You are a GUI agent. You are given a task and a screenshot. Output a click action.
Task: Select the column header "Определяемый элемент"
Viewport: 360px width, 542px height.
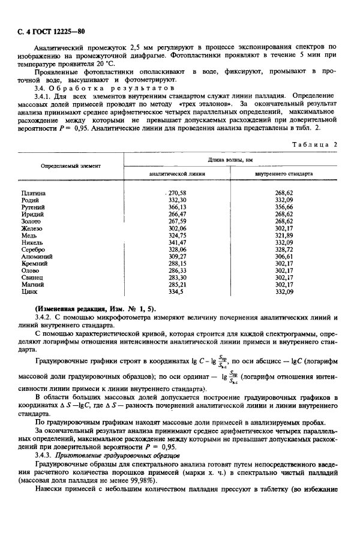(x=70, y=165)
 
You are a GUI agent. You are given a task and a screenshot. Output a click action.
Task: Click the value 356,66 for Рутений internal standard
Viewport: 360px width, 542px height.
(x=283, y=207)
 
